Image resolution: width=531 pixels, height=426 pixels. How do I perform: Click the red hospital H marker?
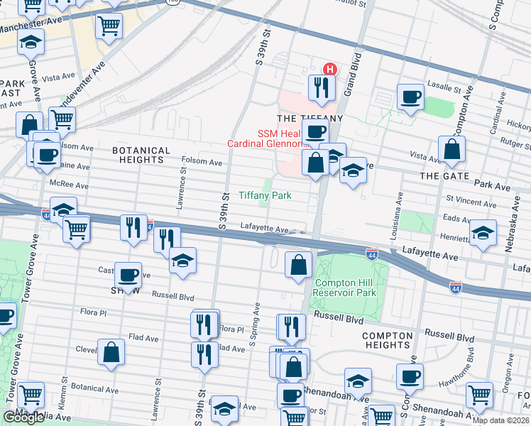[x=329, y=69]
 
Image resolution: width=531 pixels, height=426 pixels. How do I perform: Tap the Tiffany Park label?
[x=265, y=195]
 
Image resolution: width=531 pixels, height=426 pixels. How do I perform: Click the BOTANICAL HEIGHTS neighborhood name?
[x=141, y=155]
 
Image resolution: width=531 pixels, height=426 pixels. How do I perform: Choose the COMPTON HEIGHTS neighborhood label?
[x=388, y=340]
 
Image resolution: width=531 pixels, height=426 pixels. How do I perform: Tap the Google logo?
[x=23, y=417]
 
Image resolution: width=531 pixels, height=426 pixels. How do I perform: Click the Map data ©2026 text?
[x=500, y=420]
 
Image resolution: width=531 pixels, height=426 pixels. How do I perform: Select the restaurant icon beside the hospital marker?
[x=321, y=88]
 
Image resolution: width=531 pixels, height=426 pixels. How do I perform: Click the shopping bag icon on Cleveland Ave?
[x=111, y=352]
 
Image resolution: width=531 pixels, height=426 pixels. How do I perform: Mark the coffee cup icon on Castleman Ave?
[x=128, y=275]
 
